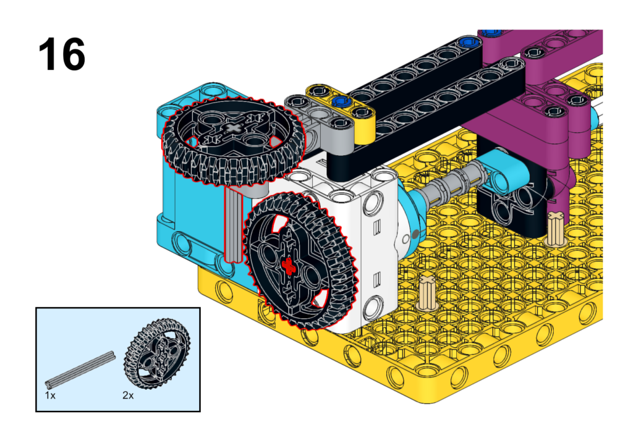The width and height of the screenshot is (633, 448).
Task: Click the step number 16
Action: [x=62, y=54]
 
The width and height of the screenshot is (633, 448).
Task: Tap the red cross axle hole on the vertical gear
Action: [x=288, y=267]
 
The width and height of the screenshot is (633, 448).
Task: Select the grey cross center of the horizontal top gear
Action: [x=233, y=129]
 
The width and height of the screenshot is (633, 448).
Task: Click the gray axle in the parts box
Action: [x=80, y=370]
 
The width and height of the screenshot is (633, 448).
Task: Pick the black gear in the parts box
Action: [x=157, y=353]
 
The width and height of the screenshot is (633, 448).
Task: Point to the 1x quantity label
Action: [x=50, y=395]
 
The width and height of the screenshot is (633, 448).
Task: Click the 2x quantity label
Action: [x=128, y=395]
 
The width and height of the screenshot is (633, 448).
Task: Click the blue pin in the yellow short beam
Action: [x=341, y=100]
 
